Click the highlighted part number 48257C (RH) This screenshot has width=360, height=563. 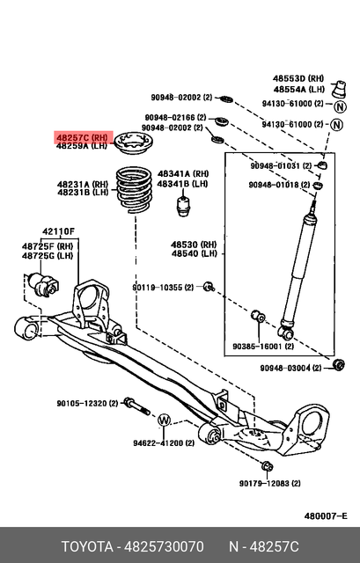click(x=82, y=137)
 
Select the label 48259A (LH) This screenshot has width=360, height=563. click(x=82, y=147)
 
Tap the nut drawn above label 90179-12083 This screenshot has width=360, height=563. click(x=268, y=465)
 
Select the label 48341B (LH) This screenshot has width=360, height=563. click(x=182, y=184)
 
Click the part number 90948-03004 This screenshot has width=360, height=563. click(x=285, y=368)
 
